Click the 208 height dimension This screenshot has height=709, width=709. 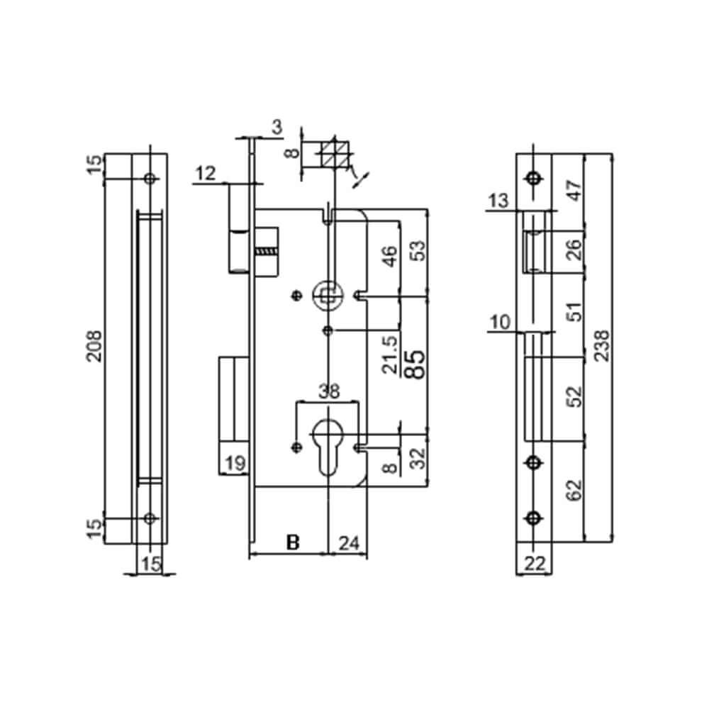coord(94,346)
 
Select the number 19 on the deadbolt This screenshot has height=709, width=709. coord(233,464)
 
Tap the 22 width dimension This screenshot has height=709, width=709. coord(535,564)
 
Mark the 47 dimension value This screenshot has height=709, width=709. coord(574,189)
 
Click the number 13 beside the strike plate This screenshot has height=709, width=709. coord(498,201)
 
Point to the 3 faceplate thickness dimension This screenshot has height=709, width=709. coord(277,128)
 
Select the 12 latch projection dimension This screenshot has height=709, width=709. coord(206,172)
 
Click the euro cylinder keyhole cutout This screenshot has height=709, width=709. coord(328,443)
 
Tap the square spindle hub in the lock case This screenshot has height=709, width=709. coord(327,295)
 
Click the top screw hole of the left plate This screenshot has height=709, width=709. coord(149,178)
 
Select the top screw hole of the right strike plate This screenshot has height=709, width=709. coord(535,177)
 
